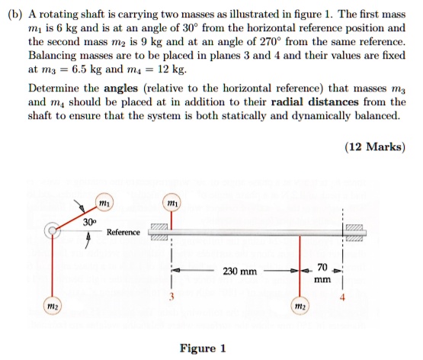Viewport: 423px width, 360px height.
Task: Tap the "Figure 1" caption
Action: pyautogui.click(x=202, y=348)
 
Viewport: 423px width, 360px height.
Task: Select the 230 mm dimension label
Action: pyautogui.click(x=239, y=271)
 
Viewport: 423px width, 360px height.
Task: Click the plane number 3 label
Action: pyautogui.click(x=172, y=296)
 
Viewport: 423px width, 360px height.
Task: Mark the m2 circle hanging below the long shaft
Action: pyautogui.click(x=299, y=307)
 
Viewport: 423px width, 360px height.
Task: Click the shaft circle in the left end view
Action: pyautogui.click(x=53, y=230)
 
